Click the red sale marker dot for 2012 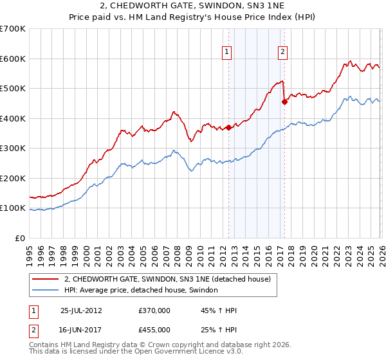[228, 127]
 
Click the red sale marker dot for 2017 [284, 102]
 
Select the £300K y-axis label [13, 148]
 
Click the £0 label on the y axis [19, 239]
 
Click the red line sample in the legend [46, 279]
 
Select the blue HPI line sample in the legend [46, 291]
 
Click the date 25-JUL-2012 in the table [81, 310]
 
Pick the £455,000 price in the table [154, 329]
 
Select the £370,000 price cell [154, 310]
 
